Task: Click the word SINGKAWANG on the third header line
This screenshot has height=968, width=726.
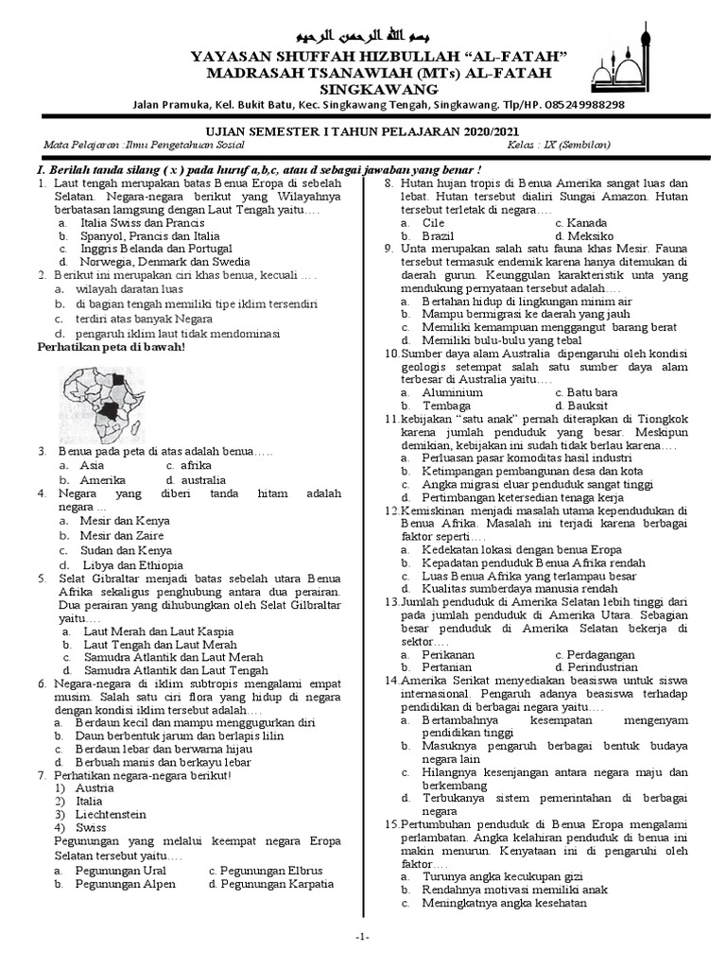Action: tap(363, 89)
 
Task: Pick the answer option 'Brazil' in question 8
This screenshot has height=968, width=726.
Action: tap(439, 235)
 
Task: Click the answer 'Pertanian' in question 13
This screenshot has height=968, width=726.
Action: tap(448, 667)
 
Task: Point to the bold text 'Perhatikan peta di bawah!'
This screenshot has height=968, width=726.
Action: tap(111, 347)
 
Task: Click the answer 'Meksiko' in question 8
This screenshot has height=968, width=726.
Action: tap(583, 235)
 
